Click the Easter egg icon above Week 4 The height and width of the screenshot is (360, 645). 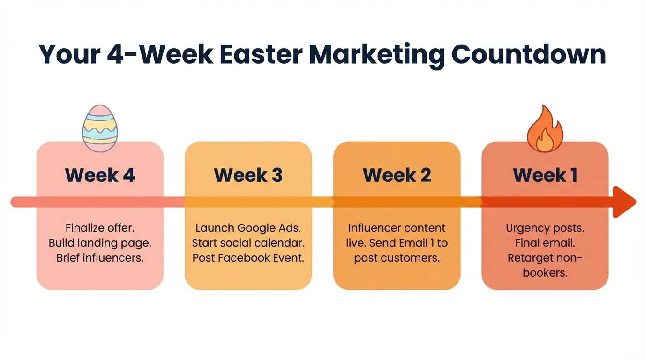99,128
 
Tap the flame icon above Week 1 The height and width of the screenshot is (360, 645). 545,130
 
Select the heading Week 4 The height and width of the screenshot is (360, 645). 100,175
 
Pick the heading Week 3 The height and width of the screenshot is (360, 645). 248,175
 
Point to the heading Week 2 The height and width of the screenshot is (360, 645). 397,175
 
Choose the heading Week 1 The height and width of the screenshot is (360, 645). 545,175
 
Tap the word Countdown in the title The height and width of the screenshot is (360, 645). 528,54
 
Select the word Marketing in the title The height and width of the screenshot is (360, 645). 377,54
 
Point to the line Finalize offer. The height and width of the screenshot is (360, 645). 100,228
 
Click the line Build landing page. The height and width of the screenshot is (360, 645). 100,243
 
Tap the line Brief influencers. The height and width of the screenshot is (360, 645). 100,258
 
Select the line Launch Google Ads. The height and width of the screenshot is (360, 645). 248,228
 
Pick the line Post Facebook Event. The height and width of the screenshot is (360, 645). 248,258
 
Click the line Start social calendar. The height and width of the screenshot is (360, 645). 248,243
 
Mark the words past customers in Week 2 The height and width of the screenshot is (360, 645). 397,258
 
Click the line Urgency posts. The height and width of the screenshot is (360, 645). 545,228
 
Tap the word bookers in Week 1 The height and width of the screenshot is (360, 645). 545,273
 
